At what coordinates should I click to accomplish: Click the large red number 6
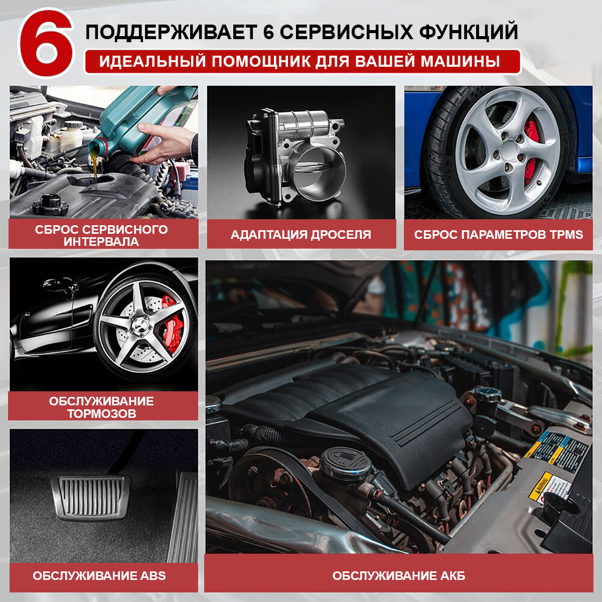point(47,44)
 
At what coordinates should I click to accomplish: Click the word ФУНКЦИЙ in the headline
point(468,32)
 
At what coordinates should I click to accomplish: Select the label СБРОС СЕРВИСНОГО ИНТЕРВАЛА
point(101,236)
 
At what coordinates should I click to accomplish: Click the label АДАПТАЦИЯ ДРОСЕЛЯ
point(301,235)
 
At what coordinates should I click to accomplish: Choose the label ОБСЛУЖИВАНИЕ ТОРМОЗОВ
point(101,407)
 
